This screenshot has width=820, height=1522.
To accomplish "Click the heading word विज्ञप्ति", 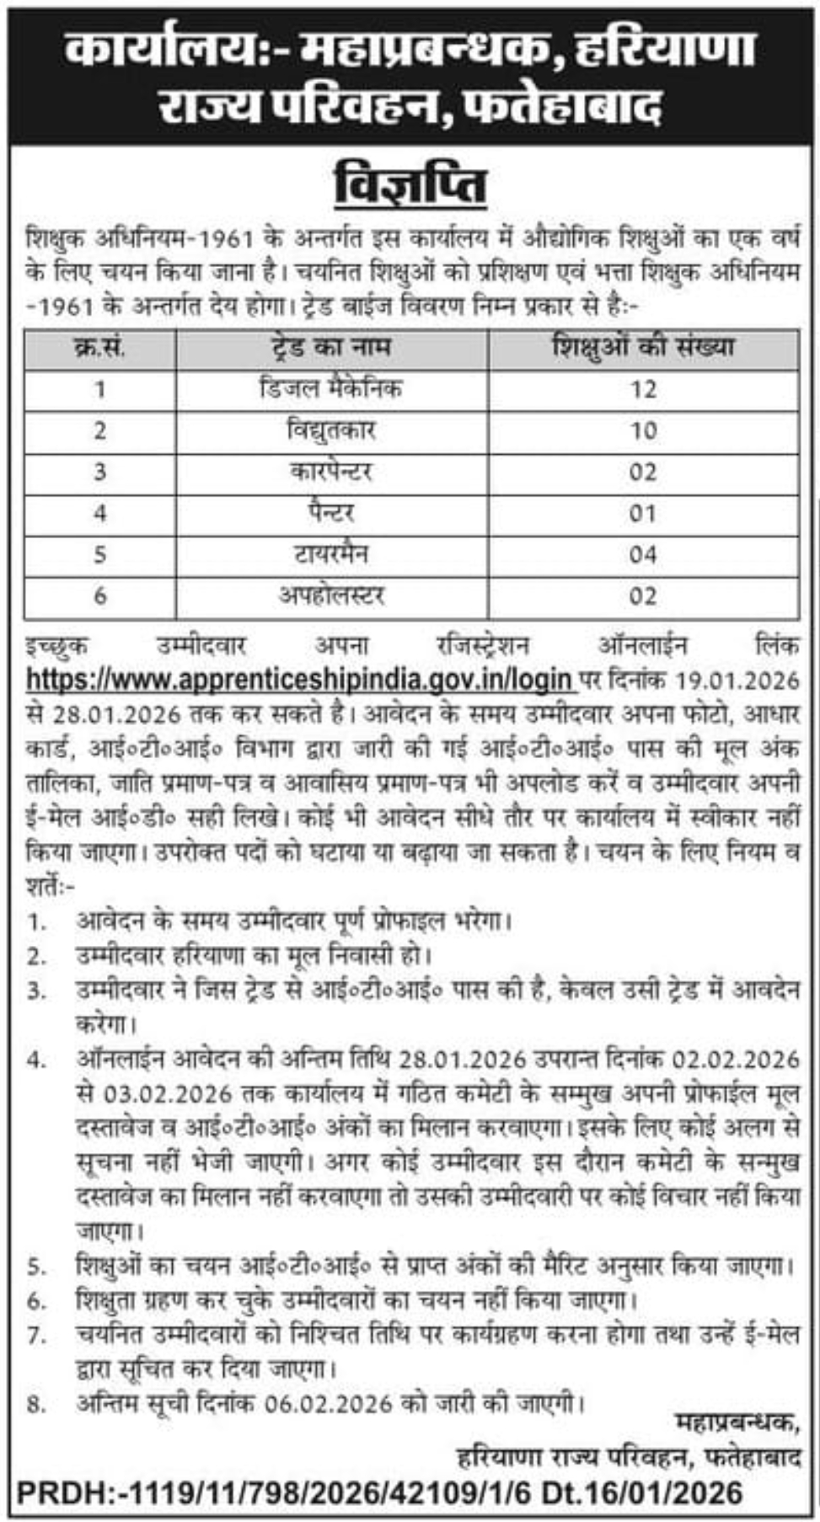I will (x=410, y=185).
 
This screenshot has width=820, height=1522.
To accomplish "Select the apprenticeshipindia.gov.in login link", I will (x=300, y=678).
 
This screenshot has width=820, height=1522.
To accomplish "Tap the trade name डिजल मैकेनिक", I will (x=330, y=388).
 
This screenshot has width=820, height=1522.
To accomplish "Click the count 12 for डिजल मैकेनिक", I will (x=642, y=389).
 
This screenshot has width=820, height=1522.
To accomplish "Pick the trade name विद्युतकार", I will (x=330, y=430).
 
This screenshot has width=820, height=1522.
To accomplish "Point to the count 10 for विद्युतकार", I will (x=642, y=430).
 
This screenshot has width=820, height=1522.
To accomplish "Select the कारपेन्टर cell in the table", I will (x=330, y=472).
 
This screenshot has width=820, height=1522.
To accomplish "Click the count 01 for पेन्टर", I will (x=642, y=513).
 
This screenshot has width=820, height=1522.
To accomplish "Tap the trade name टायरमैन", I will (x=330, y=554).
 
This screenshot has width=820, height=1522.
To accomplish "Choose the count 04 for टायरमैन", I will (x=642, y=554).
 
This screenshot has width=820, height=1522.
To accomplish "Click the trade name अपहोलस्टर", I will (x=330, y=595).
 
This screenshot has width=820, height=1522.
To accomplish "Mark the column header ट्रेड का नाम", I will (x=330, y=347).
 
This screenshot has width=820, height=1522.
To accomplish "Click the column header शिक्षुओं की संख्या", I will (x=642, y=347).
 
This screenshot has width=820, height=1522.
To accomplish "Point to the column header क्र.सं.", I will (x=99, y=347).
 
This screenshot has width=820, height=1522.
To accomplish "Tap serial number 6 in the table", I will (x=99, y=595).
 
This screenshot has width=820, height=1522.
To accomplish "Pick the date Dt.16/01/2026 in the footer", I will (x=641, y=1494).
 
